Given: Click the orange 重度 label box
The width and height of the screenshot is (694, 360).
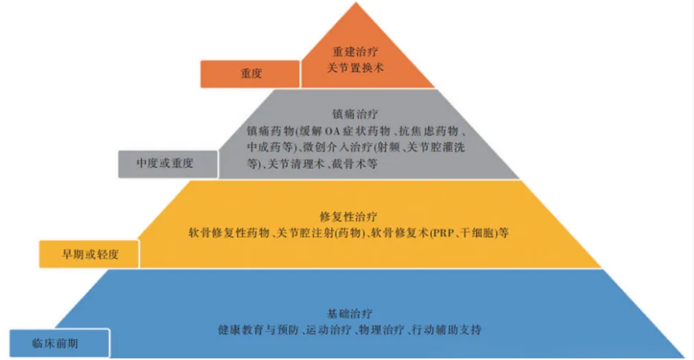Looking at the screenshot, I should tap(250, 74).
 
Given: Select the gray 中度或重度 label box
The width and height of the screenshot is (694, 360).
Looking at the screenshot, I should tap(165, 164).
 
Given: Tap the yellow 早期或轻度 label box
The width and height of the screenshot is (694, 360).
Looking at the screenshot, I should tap(90, 253).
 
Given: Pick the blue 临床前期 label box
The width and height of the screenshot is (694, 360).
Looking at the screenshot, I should tap(60, 342).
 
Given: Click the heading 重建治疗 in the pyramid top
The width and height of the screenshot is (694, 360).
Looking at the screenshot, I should tap(356, 53).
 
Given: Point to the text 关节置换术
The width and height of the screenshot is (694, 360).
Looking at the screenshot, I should tap(356, 68).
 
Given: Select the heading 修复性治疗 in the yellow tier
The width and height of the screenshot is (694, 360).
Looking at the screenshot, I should tap(348, 215).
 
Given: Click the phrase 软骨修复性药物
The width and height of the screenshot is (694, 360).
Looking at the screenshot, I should tap(230, 232).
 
